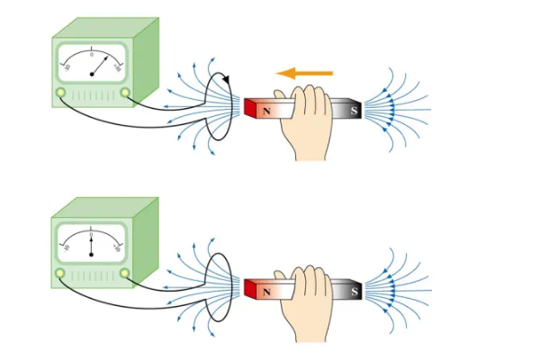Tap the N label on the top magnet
(267, 111)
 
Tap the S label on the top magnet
(353, 111)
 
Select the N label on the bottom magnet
(267, 290)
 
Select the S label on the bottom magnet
(353, 290)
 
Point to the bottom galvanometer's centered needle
(91, 245)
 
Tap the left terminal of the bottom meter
(60, 273)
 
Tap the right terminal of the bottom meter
(124, 273)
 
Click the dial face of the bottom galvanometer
(91, 241)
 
